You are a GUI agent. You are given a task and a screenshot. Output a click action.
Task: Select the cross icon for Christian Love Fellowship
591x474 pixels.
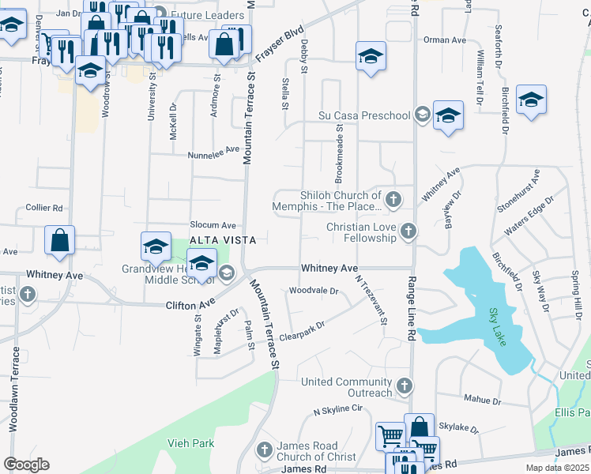click(408, 231)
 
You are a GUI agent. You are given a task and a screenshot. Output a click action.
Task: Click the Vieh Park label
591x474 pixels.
click(191, 443)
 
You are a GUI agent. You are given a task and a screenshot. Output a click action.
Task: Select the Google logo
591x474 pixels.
click(26, 465)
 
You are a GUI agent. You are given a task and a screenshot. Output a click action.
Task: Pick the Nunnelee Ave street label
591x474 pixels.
click(213, 151)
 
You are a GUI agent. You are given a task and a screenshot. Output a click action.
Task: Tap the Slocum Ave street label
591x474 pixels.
click(213, 225)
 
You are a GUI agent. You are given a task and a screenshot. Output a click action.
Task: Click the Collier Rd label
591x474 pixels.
click(43, 208)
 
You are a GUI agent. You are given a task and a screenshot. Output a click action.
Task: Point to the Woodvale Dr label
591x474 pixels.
click(314, 291)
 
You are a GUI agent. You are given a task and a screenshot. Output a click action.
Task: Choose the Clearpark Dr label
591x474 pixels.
click(303, 329)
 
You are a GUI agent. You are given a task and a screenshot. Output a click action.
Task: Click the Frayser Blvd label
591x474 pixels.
click(280, 47)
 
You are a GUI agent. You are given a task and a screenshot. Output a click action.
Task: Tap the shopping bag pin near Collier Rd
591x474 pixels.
click(60, 240)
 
